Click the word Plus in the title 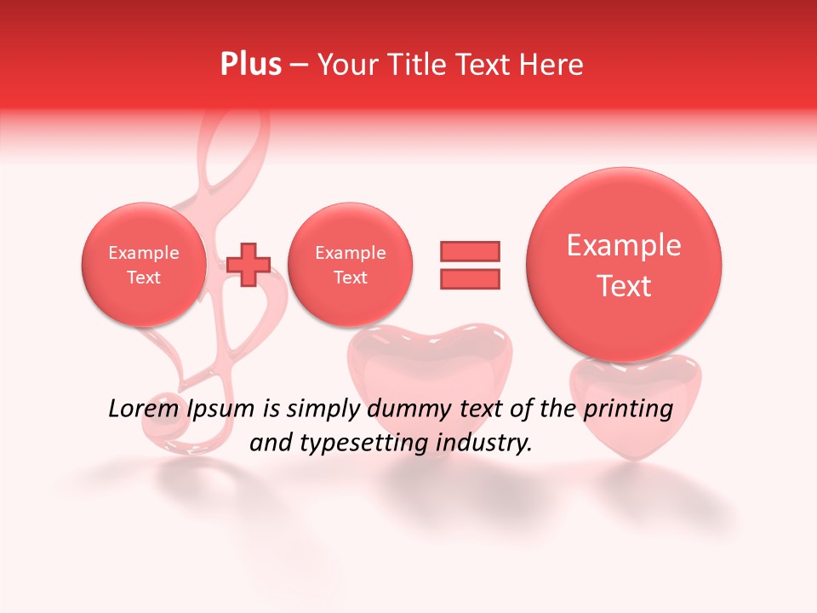250,65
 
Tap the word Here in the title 552,65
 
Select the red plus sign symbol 249,264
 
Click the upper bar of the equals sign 470,251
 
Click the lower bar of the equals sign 470,278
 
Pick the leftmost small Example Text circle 144,265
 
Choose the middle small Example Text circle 350,265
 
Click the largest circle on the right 624,265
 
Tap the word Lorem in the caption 140,410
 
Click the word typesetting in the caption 360,443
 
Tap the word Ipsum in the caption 220,410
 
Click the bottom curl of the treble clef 174,434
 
